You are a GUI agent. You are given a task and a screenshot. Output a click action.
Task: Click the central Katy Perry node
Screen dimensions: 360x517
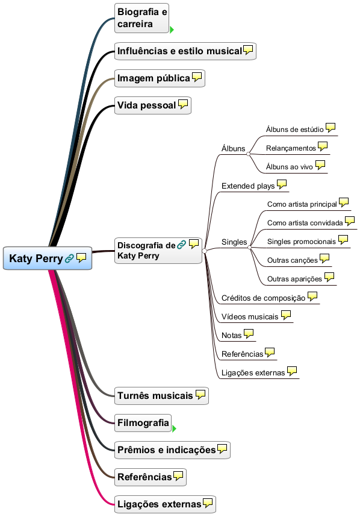(48, 258)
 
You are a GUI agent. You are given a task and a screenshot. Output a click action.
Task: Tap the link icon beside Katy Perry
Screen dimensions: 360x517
(69, 258)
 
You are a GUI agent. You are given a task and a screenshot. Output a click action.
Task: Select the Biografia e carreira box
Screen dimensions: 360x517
(141, 18)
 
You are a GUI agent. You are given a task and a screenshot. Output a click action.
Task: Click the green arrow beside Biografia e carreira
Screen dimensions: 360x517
(172, 30)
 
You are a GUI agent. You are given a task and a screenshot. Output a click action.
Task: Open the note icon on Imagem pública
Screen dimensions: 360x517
(197, 77)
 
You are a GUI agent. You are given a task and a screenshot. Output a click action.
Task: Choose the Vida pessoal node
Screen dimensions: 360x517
(153, 105)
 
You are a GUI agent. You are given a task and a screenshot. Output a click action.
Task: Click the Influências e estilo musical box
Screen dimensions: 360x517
(185, 51)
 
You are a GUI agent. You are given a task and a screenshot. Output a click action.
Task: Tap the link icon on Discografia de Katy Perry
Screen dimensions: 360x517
(181, 245)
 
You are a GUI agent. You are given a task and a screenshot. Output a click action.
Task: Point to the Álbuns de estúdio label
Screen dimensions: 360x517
(295, 130)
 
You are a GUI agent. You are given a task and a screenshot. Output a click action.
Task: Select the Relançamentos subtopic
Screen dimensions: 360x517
(291, 148)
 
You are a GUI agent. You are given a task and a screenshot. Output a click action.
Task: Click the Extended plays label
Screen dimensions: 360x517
(248, 186)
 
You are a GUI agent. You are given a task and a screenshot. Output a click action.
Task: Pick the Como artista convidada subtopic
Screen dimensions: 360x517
(305, 223)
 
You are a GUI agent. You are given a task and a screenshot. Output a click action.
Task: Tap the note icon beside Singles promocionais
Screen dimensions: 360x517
(343, 240)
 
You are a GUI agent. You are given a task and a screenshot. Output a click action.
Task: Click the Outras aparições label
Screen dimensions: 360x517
(295, 279)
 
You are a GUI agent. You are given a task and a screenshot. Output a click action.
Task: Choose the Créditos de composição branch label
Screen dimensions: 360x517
(264, 298)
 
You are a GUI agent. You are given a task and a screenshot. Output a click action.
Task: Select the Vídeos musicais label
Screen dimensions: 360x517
(250, 316)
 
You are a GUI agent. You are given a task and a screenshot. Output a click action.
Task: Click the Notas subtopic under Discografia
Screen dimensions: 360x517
(232, 335)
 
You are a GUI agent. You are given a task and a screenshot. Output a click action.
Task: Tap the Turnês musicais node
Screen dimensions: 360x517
(161, 396)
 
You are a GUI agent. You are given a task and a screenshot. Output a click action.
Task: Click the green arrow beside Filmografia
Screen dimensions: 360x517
(174, 428)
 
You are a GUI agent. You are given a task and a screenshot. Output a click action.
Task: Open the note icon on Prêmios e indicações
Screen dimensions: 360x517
(222, 449)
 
